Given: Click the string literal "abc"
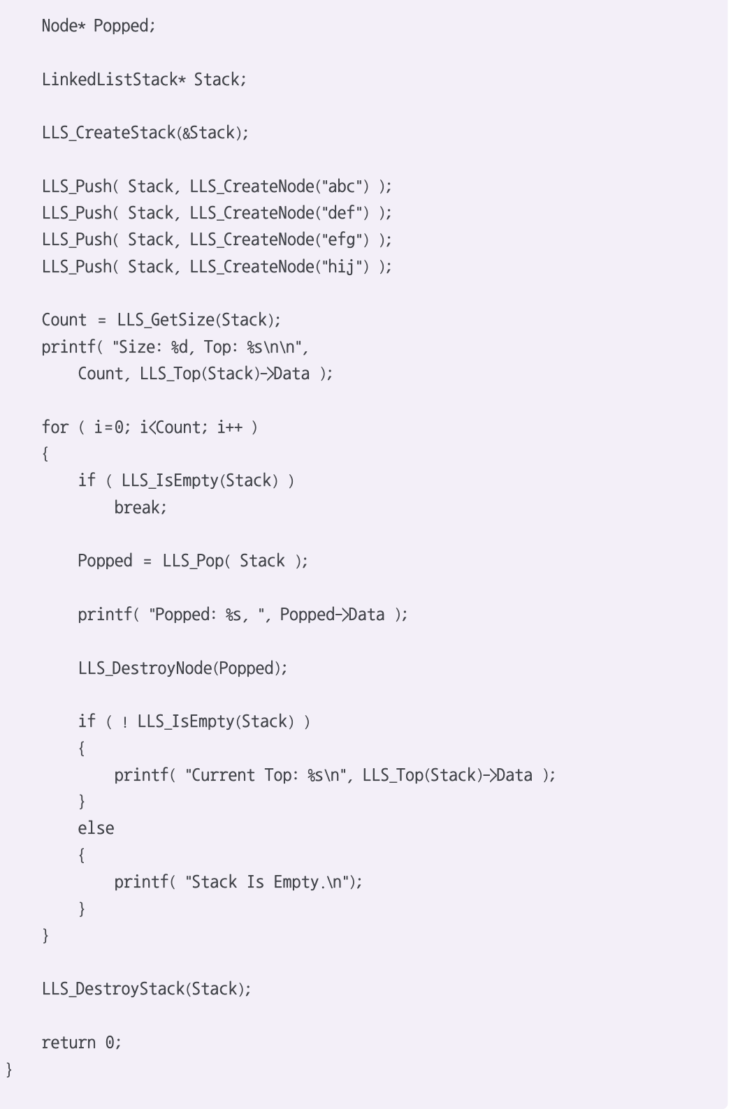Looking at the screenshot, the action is [342, 186].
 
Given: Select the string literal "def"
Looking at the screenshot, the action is [342, 213].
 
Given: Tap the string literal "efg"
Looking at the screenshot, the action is [342, 240].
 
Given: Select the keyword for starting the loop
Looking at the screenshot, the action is [55, 427].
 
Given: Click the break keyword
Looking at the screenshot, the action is [140, 508].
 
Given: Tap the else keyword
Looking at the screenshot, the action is [96, 828].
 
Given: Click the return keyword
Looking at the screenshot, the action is [68, 1043].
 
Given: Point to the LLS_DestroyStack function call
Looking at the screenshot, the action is [113, 989].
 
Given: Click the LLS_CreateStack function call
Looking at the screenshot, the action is [108, 133].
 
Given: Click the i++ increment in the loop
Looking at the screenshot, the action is [229, 427].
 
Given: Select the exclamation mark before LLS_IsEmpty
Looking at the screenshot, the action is [124, 722].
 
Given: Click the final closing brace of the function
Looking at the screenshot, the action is [9, 1069].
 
